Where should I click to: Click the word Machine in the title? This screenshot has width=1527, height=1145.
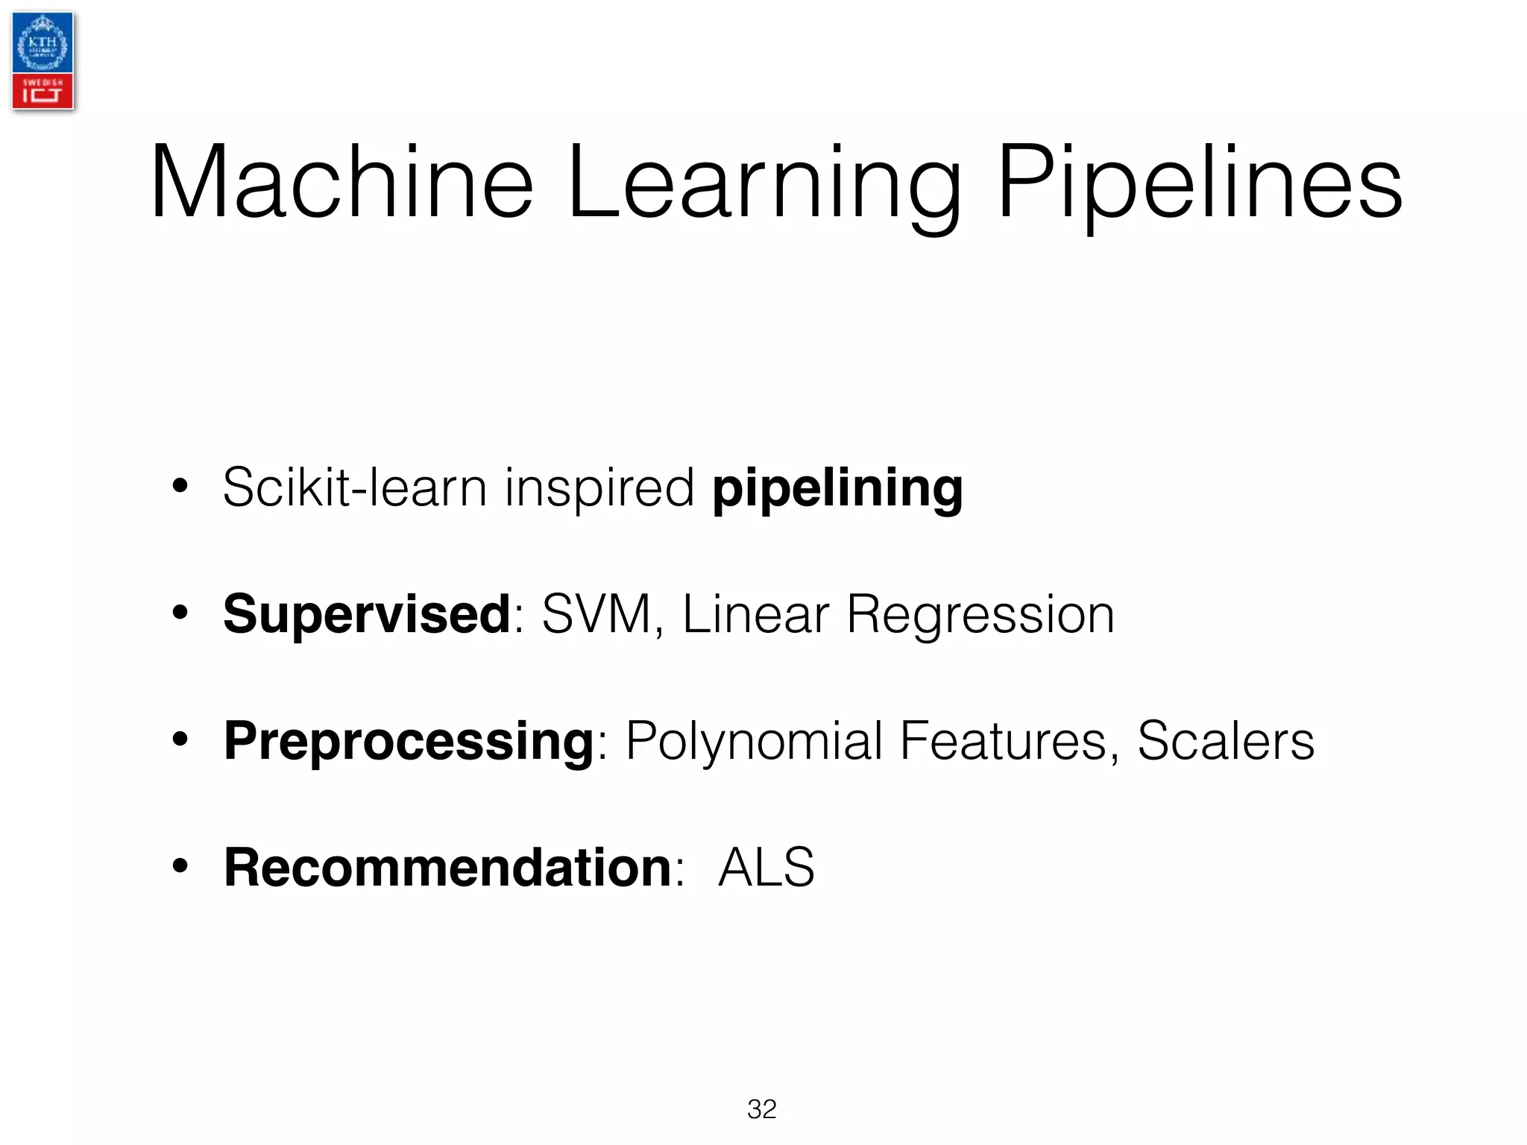coord(341,183)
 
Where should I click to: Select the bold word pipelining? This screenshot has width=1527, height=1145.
coord(837,488)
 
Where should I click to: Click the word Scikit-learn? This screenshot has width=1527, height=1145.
coord(355,488)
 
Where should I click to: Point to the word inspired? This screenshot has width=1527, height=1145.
coord(599,488)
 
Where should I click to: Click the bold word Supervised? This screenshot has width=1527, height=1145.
coord(367,615)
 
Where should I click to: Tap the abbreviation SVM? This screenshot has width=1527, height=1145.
coord(596,615)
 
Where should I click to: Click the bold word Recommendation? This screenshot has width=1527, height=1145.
coord(448,868)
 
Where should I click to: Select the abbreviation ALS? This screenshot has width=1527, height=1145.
coord(766,868)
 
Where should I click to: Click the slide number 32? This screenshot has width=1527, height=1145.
coord(761,1109)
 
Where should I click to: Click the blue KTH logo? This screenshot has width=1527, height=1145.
coord(42,43)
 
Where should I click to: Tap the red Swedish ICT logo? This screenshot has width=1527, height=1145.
coord(42,92)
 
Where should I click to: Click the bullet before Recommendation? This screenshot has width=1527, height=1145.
coord(180,867)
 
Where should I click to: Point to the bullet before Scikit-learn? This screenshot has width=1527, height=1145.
coord(180,487)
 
